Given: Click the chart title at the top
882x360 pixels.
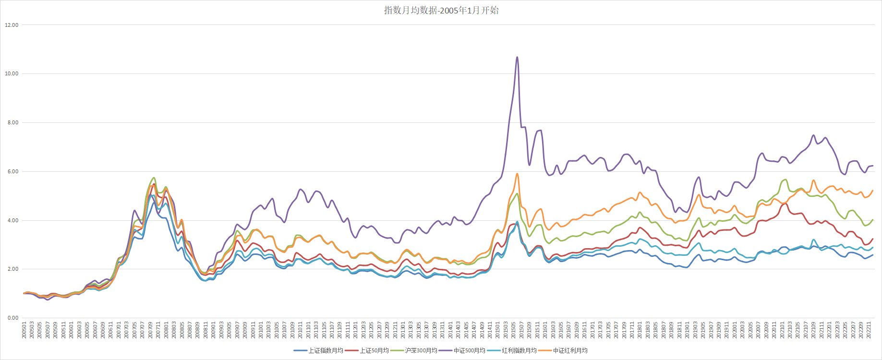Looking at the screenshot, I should pos(441,10).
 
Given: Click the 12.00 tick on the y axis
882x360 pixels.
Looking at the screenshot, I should pos(12,25).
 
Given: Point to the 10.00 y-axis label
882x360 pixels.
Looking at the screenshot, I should pos(12,73).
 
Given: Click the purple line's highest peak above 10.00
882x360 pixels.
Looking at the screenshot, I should pos(517,57).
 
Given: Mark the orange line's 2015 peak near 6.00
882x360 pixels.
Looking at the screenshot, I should pos(517,174).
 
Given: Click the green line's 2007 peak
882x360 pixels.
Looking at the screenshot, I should pos(154,178).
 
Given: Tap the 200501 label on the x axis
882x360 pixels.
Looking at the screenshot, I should pos(24,330).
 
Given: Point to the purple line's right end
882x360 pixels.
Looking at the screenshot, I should pos(873,166).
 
